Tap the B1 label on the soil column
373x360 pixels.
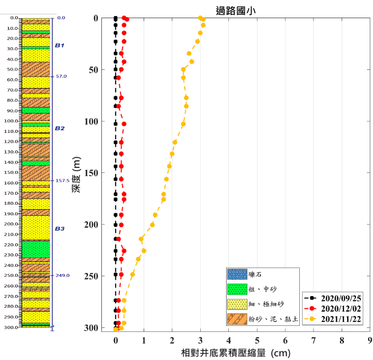[x=59, y=46]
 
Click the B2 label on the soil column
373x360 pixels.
[x=59, y=128]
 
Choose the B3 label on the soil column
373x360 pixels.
[x=59, y=228]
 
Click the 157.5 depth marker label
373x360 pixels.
[x=62, y=181]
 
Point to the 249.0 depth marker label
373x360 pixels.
[x=63, y=275]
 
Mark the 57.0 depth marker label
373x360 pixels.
[x=61, y=77]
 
